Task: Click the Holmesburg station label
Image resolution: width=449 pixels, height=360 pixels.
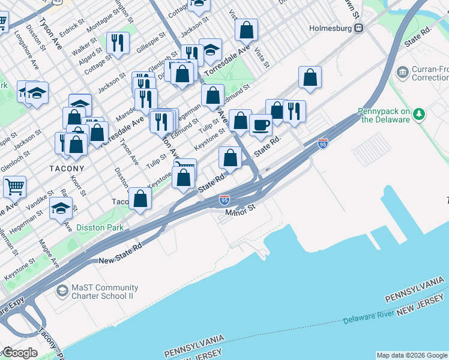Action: point(330,28)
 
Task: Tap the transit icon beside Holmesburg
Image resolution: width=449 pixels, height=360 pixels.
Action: point(359,28)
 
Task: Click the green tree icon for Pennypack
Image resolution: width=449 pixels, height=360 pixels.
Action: point(420,113)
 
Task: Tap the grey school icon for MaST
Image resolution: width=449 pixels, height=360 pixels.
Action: point(62,292)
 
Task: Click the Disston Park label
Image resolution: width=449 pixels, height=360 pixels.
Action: point(100,227)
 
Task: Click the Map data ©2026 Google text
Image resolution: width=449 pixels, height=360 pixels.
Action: point(411,355)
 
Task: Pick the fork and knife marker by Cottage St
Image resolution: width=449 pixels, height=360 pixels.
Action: point(118,43)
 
